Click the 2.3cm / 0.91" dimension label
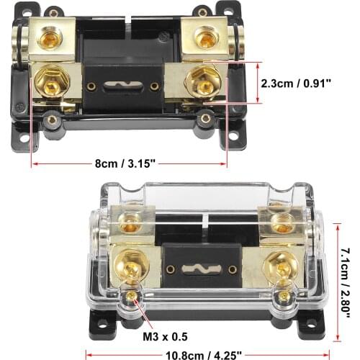[297, 83]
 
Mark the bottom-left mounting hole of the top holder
[23, 138]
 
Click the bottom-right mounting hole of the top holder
[234, 137]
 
